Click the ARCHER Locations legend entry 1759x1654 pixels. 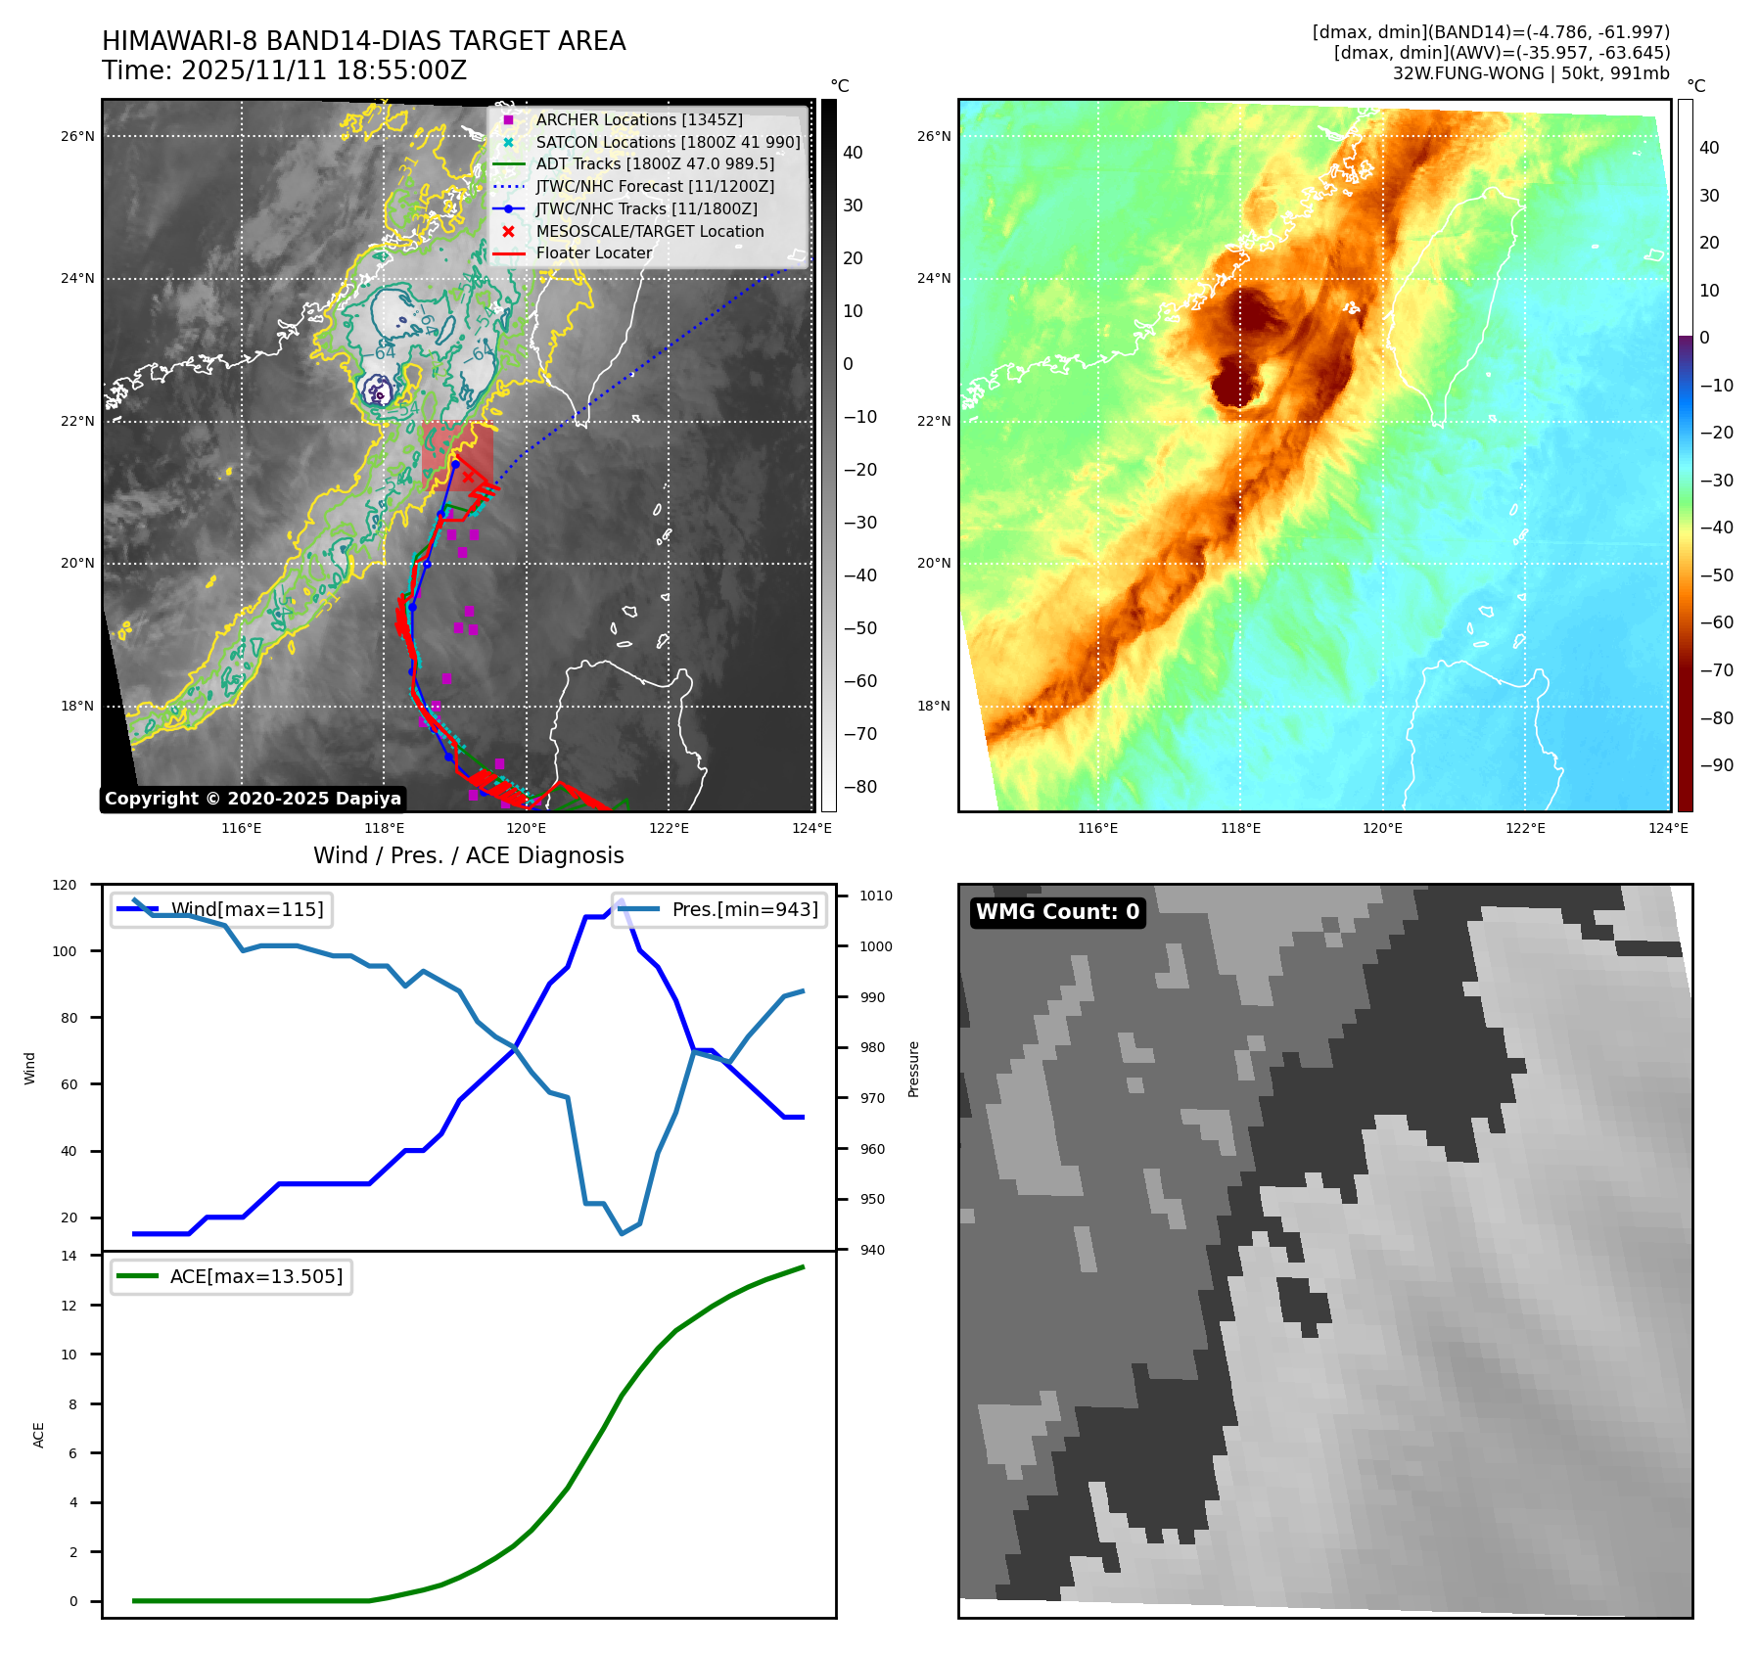pyautogui.click(x=638, y=119)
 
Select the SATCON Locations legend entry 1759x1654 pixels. pyautogui.click(x=668, y=142)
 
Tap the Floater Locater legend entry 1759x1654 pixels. pyautogui.click(x=593, y=253)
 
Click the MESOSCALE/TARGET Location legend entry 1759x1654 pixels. pyautogui.click(x=649, y=231)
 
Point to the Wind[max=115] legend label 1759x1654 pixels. pyautogui.click(x=247, y=909)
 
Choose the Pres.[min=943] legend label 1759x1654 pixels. pyautogui.click(x=744, y=909)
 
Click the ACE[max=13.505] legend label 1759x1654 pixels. pyautogui.click(x=256, y=1276)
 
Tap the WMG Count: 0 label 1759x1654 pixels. pyautogui.click(x=1057, y=912)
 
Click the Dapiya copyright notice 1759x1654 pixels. pyautogui.click(x=253, y=799)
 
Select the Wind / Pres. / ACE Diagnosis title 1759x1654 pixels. pyautogui.click(x=468, y=855)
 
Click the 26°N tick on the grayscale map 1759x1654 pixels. pyautogui.click(x=77, y=136)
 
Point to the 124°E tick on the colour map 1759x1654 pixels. pyautogui.click(x=1668, y=828)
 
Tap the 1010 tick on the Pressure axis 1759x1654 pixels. pyautogui.click(x=876, y=896)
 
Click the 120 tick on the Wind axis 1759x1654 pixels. pyautogui.click(x=65, y=885)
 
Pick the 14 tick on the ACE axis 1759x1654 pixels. pyautogui.click(x=69, y=1256)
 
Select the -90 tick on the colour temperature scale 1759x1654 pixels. pyautogui.click(x=1715, y=765)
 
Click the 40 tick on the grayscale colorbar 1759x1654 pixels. pyautogui.click(x=853, y=153)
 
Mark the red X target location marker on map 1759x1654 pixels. pyautogui.click(x=468, y=477)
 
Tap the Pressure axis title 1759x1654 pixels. pyautogui.click(x=913, y=1069)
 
